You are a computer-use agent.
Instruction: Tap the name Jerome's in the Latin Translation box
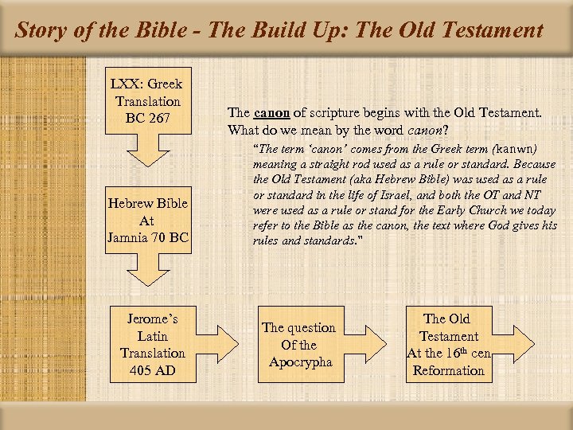click(152, 319)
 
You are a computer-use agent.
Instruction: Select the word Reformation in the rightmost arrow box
click(449, 371)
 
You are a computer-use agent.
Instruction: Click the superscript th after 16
click(463, 349)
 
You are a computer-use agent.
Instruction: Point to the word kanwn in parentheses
click(513, 149)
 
